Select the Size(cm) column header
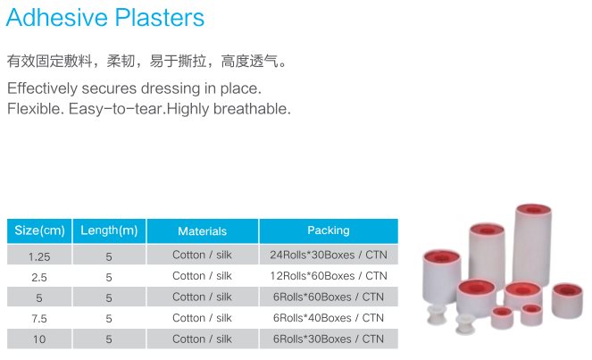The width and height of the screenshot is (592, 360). [x=39, y=230]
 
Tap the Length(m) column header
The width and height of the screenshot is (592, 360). [x=109, y=230]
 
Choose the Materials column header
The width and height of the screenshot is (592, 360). [x=202, y=230]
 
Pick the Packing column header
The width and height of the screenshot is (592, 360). [x=328, y=230]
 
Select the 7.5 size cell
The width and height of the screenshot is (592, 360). [x=39, y=318]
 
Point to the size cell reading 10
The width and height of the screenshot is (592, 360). [x=39, y=339]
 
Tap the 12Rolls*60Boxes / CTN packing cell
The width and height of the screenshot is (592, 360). [x=328, y=276]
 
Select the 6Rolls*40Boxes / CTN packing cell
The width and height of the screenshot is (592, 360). [x=328, y=318]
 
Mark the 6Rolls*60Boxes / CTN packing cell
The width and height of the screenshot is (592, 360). [x=328, y=297]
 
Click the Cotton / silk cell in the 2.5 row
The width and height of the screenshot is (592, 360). [x=202, y=276]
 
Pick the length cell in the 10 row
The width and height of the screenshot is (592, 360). [x=109, y=339]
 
